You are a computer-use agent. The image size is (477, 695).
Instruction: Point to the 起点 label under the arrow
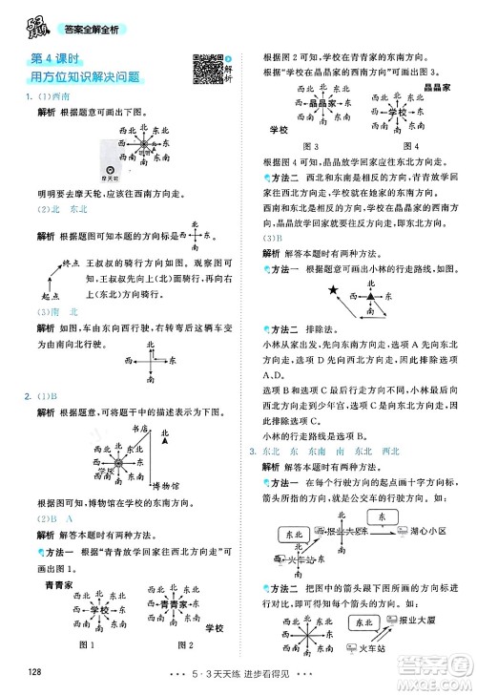(38, 296)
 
